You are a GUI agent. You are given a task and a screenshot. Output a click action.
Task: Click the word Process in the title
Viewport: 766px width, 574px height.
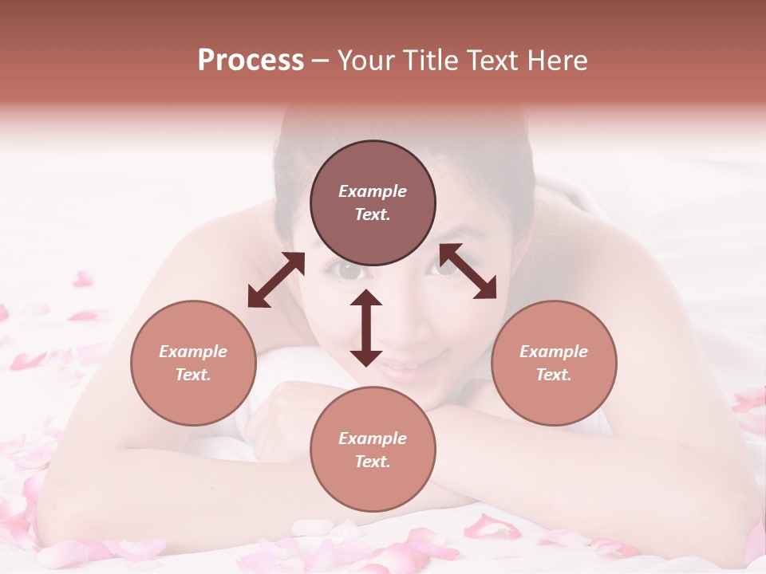tap(251, 61)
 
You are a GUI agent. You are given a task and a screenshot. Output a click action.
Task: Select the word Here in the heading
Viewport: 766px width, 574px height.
tap(556, 61)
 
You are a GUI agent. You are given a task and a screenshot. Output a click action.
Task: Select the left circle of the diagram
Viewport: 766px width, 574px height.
tap(193, 363)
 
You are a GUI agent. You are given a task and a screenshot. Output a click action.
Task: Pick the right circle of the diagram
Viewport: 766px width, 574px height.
tap(554, 363)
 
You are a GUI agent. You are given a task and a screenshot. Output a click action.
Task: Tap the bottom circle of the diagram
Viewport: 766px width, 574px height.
tap(373, 449)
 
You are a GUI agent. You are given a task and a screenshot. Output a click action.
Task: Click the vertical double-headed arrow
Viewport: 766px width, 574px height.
tap(366, 328)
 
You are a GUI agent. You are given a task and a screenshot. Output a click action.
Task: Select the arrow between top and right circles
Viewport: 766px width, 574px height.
tap(468, 271)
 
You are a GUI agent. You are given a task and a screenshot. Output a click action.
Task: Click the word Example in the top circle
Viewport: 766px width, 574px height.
tap(373, 191)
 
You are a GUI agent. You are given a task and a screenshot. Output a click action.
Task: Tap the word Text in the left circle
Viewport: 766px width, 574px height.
tap(193, 375)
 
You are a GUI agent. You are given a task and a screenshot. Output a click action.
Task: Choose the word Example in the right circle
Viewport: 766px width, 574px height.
tap(554, 352)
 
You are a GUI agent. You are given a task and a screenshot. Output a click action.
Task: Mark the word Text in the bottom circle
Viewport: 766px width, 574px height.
tap(373, 462)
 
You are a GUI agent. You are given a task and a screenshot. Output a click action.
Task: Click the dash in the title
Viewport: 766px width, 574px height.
tap(321, 61)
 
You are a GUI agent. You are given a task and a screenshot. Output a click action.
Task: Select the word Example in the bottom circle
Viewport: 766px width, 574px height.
tap(373, 438)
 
